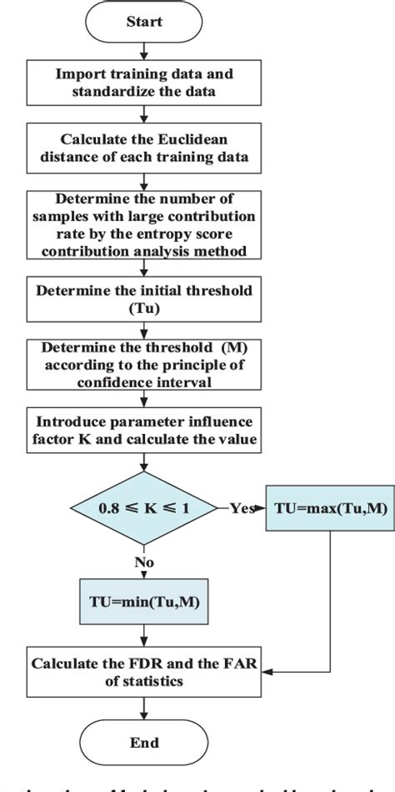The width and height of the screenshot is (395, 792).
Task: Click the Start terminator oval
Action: [145, 23]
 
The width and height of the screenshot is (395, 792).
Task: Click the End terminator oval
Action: [146, 741]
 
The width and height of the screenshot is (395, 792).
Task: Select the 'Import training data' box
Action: [145, 81]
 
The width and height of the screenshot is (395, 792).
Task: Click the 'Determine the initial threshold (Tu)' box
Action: [145, 298]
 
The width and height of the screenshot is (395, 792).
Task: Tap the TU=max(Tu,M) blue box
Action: [330, 506]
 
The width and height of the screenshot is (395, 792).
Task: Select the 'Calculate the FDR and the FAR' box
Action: [145, 672]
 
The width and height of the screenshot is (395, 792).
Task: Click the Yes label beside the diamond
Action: [241, 506]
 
